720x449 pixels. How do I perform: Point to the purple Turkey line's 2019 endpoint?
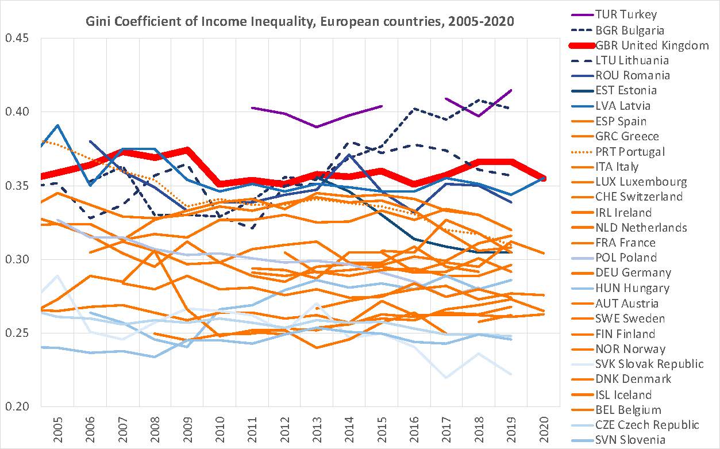point(511,90)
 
